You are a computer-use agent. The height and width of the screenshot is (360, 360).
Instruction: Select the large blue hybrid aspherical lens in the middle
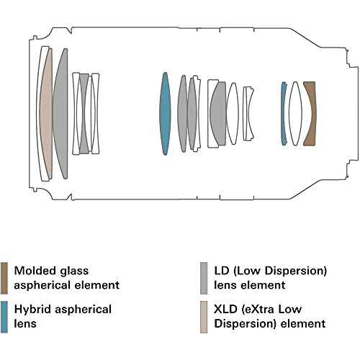coord(165,114)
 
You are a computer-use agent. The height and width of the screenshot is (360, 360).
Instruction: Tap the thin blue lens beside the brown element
coord(284,114)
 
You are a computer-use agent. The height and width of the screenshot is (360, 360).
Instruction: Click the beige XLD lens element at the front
coord(46,114)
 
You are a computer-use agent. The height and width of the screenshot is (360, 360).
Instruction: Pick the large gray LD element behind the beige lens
coord(61,114)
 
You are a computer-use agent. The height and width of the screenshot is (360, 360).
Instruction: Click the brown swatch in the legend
coord(4,278)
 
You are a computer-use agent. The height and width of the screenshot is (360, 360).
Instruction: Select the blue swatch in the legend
coord(4,317)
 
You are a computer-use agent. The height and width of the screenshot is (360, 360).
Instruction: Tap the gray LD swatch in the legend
coord(204,278)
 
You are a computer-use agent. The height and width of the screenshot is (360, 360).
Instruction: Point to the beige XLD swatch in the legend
coord(204,317)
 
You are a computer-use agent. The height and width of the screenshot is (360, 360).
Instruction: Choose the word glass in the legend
coord(74,271)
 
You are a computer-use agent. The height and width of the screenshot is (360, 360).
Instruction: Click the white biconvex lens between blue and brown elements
coord(295,114)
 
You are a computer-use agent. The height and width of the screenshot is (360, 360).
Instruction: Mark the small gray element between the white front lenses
coord(84,114)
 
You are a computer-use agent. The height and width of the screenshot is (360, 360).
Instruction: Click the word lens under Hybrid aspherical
coord(25,323)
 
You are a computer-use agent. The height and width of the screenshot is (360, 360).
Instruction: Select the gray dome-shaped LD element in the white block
coord(219,114)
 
